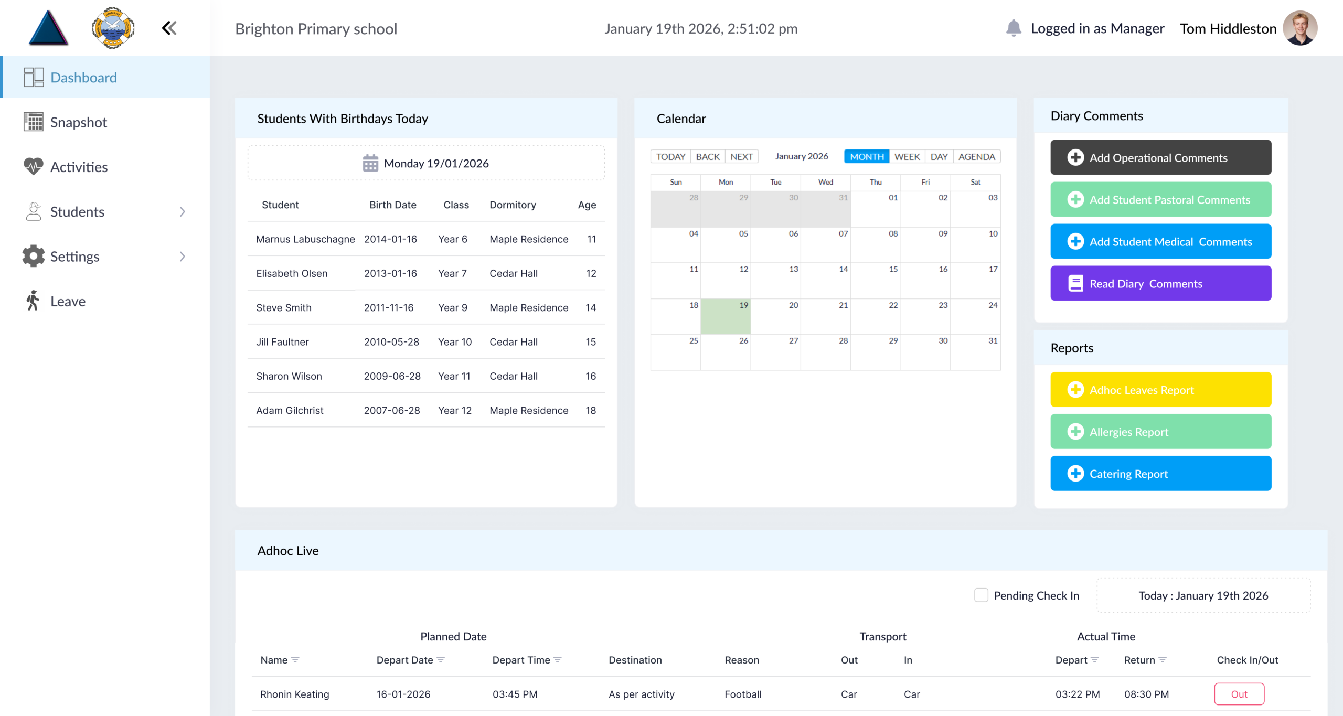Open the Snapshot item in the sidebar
[x=78, y=122]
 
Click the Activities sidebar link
[x=79, y=167]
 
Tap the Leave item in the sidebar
[x=68, y=301]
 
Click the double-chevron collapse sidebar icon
[x=169, y=28]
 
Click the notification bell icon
[x=1013, y=28]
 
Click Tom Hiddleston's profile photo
[x=1299, y=28]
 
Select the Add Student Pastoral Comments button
[x=1160, y=199]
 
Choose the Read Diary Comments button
[x=1160, y=283]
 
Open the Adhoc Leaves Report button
[x=1160, y=390]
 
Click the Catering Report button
[x=1160, y=474]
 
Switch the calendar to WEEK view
[x=907, y=156]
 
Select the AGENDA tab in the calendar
[x=976, y=156]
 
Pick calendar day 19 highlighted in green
[x=726, y=316]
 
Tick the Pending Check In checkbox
[x=980, y=595]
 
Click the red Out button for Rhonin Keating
[x=1239, y=694]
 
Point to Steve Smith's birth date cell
[x=389, y=307]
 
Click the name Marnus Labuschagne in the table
[x=305, y=239]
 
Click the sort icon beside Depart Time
[x=558, y=660]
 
